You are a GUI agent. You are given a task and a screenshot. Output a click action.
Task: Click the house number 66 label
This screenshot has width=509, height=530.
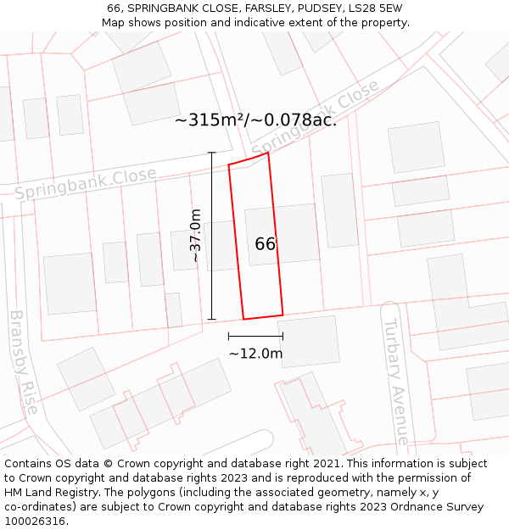point(266,244)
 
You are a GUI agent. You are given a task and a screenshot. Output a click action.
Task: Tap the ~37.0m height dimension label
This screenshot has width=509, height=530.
point(196,236)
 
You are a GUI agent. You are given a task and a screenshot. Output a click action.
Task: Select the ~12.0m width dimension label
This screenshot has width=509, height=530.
point(255,354)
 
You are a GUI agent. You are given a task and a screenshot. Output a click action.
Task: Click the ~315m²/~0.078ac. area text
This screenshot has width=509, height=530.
point(255,120)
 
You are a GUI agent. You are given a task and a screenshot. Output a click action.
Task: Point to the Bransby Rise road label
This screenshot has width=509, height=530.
point(23,362)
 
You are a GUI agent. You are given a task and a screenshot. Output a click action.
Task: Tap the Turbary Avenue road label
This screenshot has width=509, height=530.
point(395,382)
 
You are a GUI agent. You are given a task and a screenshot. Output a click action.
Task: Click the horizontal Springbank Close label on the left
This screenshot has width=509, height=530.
point(86,184)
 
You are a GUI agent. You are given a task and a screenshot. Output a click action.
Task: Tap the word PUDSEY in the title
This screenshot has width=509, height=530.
point(300,8)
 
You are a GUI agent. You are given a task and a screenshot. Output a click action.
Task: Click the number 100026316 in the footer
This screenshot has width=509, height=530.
point(36,522)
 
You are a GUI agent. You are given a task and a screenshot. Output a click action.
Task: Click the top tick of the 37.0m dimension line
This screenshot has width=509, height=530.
point(212,153)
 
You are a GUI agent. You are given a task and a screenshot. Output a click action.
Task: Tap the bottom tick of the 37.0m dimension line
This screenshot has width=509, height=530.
point(212,320)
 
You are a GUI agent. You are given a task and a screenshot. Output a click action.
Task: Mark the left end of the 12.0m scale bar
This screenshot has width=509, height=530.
point(228,338)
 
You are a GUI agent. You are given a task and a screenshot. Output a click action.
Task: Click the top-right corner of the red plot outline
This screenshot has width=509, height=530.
point(268,153)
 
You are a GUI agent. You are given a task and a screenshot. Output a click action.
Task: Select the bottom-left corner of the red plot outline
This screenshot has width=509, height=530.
point(244,320)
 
